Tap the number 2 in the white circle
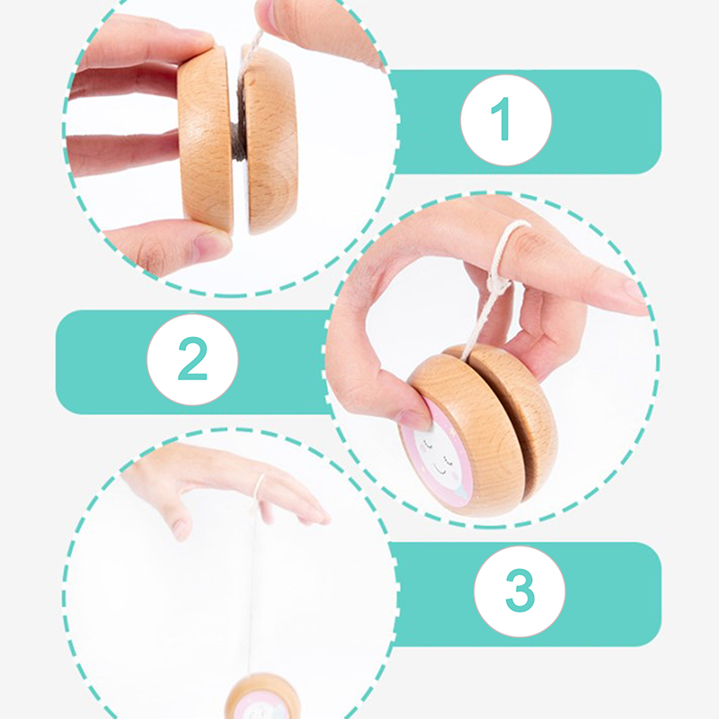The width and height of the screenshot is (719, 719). (192, 359)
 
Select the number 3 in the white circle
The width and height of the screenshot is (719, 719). (520, 590)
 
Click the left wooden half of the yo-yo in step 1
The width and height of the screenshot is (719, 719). (206, 140)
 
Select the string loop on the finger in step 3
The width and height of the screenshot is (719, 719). (260, 491)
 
